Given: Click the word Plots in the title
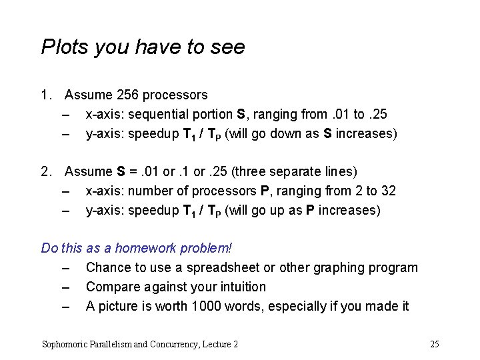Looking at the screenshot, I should click(61, 47).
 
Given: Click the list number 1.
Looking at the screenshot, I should click(45, 95).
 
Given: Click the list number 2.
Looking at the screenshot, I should click(45, 172).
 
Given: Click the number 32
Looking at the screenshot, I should click(388, 191).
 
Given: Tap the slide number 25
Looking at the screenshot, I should click(435, 344).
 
